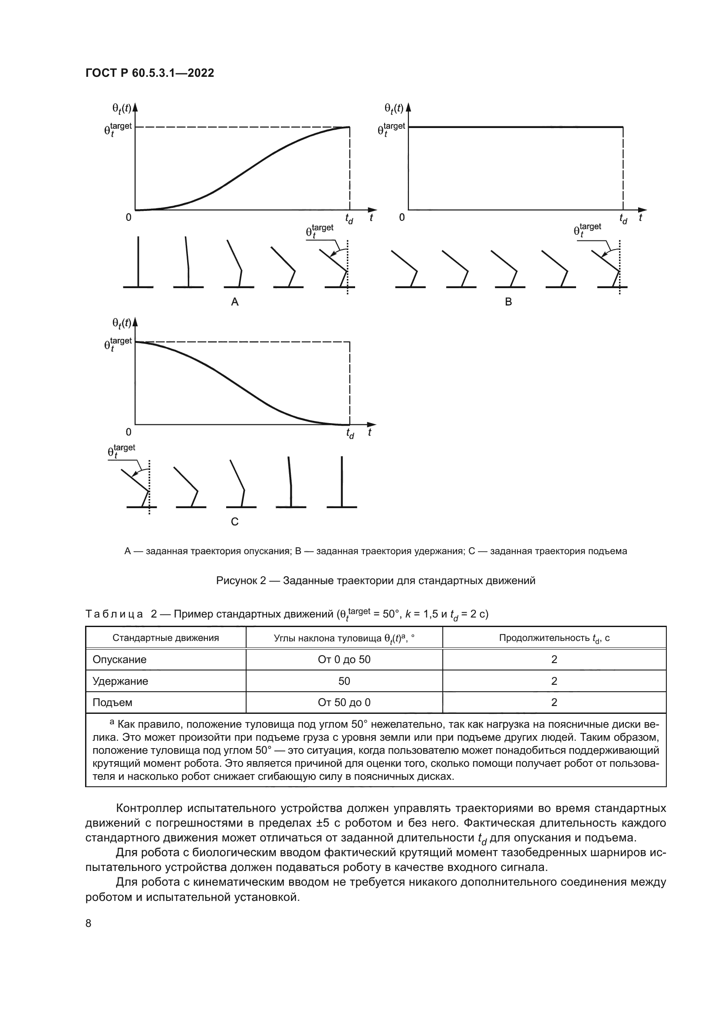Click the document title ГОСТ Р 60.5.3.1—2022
[x=149, y=73]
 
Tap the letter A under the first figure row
[x=235, y=302]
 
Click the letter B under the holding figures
[x=508, y=302]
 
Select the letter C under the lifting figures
[x=235, y=522]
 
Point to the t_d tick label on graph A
[x=349, y=218]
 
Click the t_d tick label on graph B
[x=623, y=218]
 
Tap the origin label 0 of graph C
[x=128, y=432]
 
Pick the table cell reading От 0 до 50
[x=344, y=660]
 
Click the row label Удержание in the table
[x=120, y=681]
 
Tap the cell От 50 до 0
[x=344, y=703]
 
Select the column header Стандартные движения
[x=165, y=638]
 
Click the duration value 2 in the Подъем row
[x=554, y=703]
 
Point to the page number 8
[x=89, y=923]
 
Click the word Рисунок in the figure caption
[x=237, y=581]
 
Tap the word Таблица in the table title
[x=114, y=614]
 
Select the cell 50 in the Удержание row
[x=344, y=681]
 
